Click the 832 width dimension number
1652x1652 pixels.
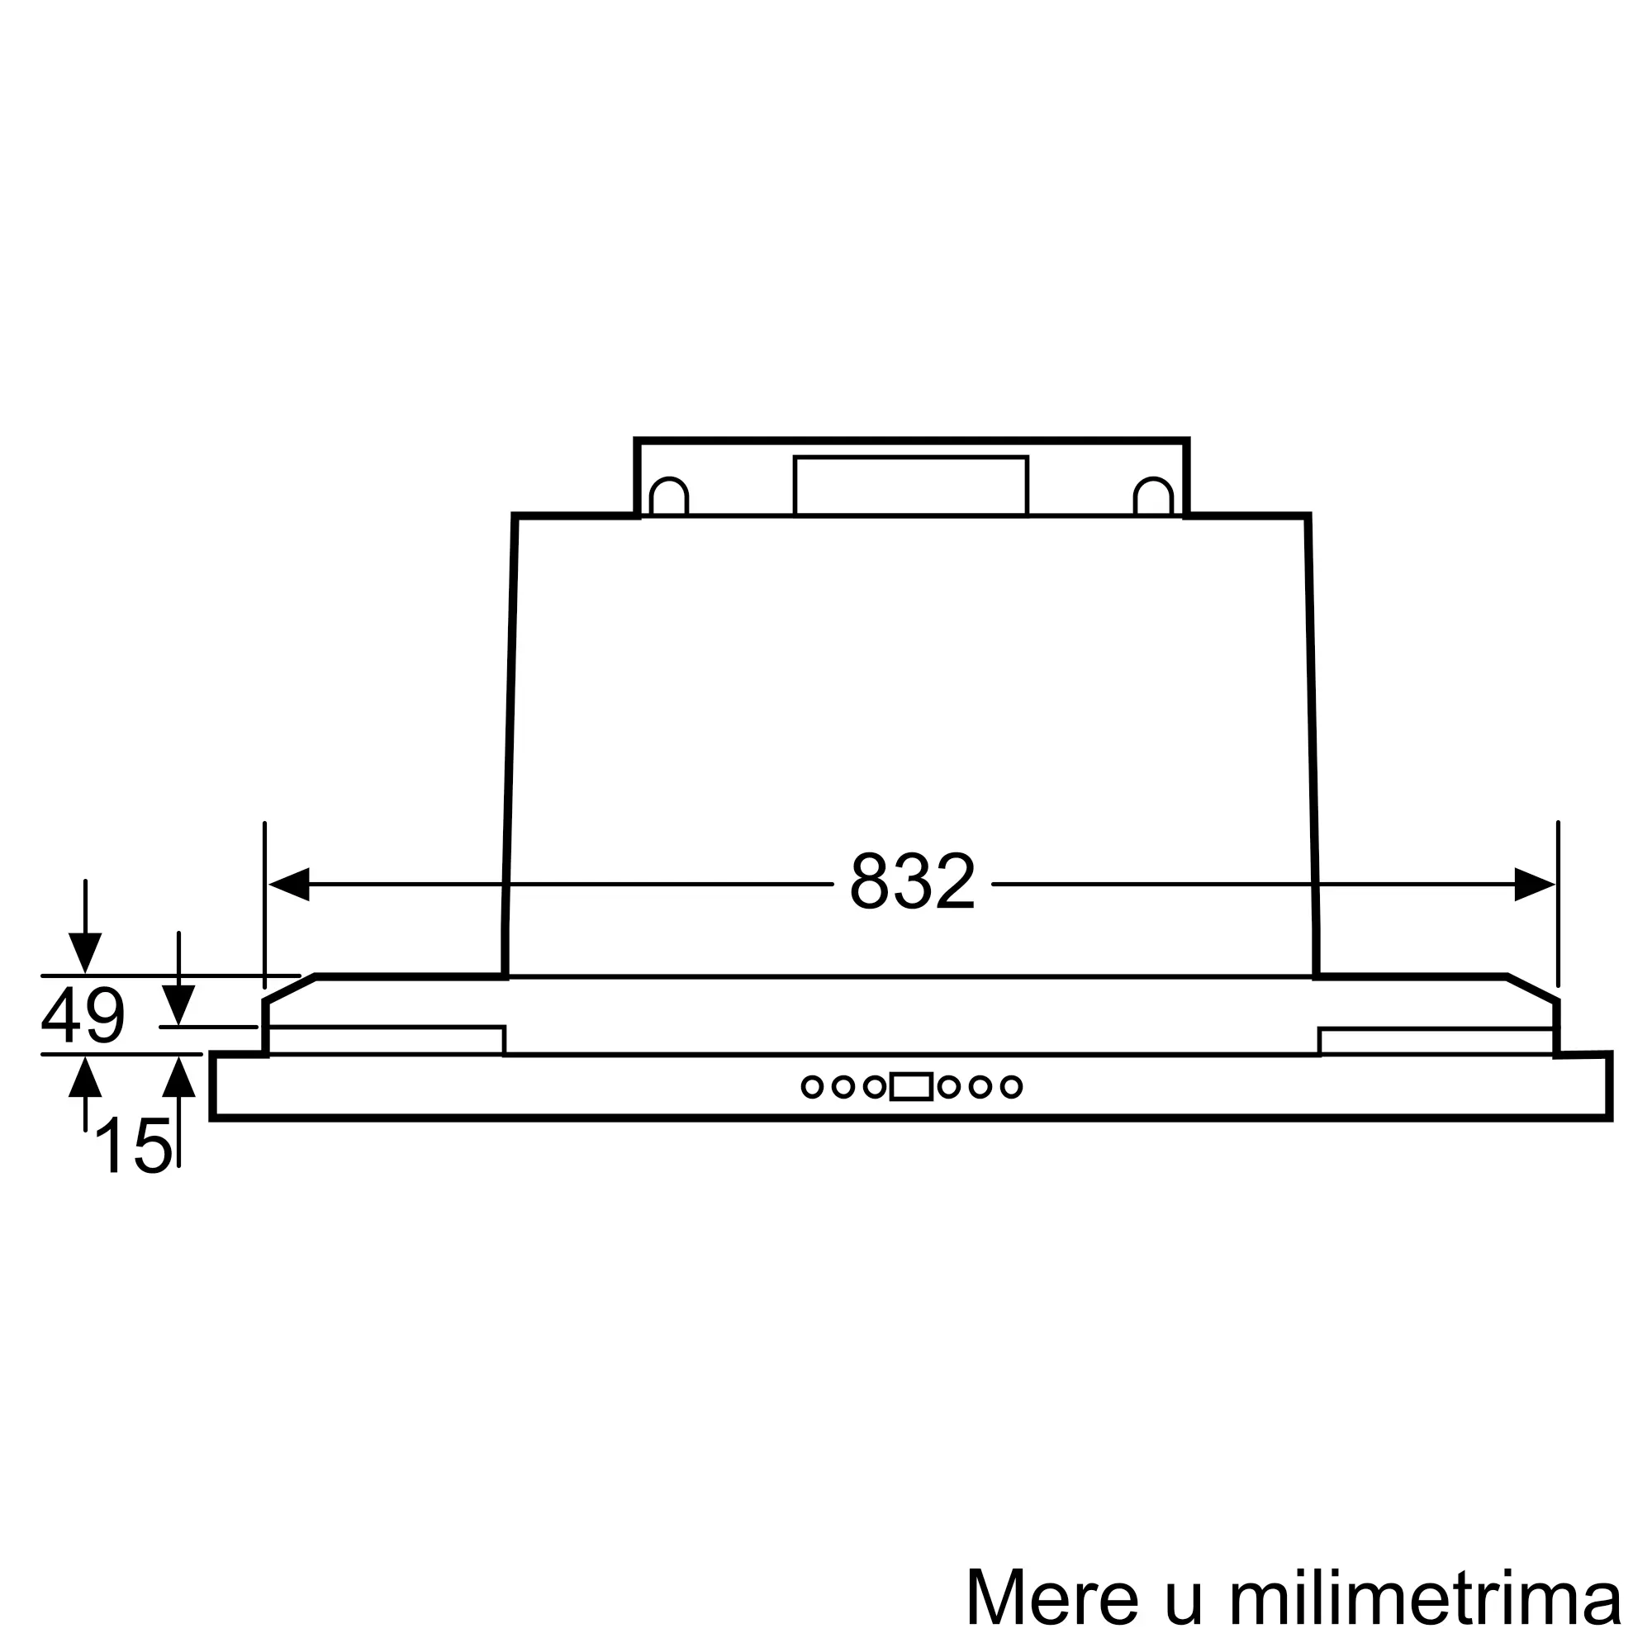pos(913,881)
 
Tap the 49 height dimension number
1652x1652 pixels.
pos(83,1015)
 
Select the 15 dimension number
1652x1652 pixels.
pos(133,1146)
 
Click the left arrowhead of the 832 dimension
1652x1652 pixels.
pos(289,884)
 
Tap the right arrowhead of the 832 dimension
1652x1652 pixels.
pos(1535,884)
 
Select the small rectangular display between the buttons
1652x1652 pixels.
pos(912,1087)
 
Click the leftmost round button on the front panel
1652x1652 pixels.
pos(812,1087)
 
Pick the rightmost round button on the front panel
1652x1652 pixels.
pos(1012,1087)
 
